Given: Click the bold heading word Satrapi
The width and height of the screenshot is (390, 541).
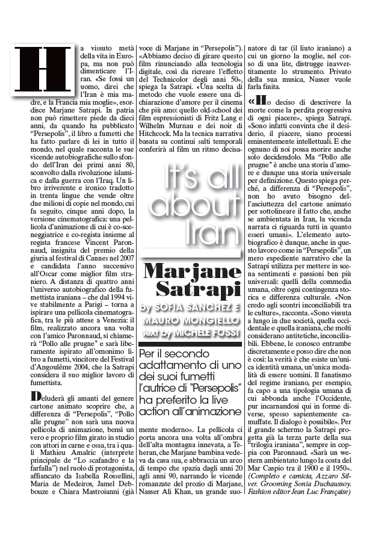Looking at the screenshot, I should click(199, 288).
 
